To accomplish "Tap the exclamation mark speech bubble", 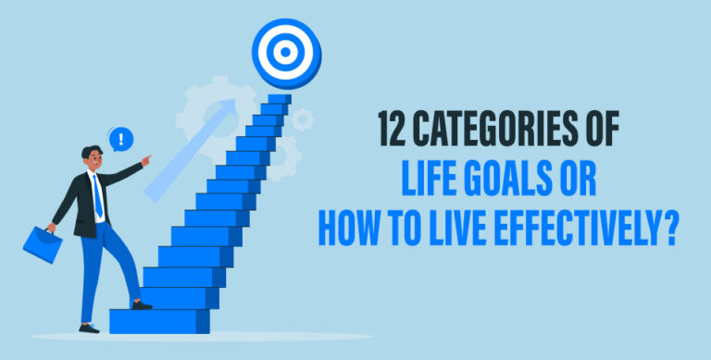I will [x=121, y=140].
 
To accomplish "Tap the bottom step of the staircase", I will [x=158, y=320].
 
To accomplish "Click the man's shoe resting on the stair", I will [x=141, y=304].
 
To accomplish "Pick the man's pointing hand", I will [x=146, y=162].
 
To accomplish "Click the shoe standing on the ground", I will [x=89, y=327].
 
